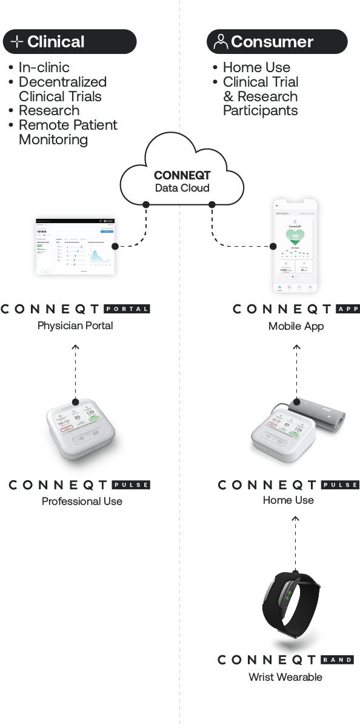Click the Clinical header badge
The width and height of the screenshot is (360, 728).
[70, 42]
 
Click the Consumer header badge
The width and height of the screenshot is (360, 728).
[277, 42]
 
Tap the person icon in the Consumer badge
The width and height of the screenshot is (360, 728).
[221, 42]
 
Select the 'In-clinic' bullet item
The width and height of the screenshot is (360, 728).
[44, 67]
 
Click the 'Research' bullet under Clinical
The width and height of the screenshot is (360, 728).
[48, 111]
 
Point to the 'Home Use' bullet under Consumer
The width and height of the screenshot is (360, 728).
[256, 67]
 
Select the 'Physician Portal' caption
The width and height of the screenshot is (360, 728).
[75, 326]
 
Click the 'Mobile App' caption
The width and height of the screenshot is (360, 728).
[296, 326]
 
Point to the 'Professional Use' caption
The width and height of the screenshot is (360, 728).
[82, 501]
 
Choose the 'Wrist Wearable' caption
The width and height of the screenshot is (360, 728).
[285, 677]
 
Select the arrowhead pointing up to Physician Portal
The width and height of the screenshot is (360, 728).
[75, 347]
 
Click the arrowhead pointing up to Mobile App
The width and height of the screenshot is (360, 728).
[296, 347]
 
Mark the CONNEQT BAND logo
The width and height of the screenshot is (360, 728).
[285, 660]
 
